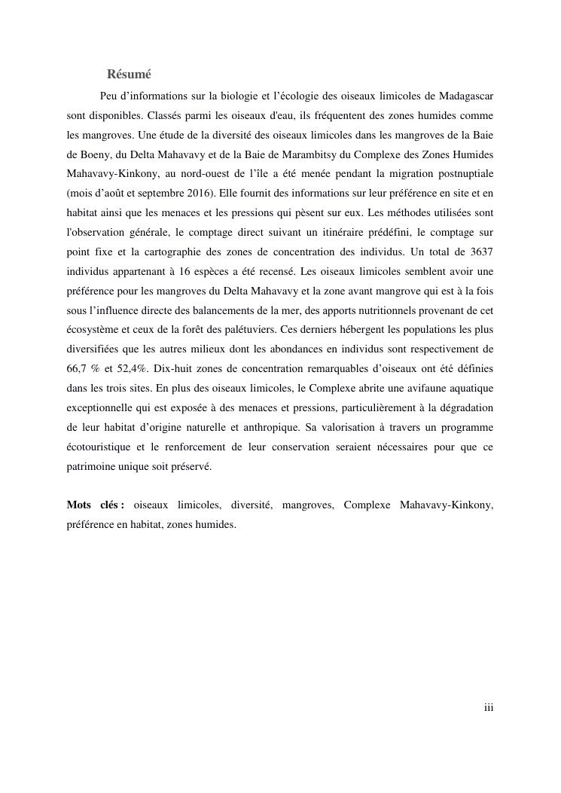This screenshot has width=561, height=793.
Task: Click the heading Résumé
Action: click(x=129, y=74)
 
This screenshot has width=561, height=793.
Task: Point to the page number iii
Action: click(x=489, y=707)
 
